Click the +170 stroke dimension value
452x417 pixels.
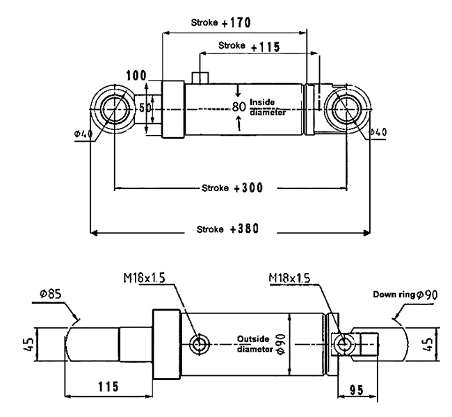coord(236,23)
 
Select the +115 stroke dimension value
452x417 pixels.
coord(265,47)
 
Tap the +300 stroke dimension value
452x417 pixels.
coord(248,188)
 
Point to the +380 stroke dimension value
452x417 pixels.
coord(245,229)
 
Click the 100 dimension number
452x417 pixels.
coord(136,76)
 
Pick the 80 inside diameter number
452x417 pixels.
coord(239,107)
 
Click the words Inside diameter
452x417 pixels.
coord(268,107)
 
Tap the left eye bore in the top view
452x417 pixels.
coord(115,109)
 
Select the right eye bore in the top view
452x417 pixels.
coord(346,109)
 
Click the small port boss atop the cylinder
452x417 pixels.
coord(200,78)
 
